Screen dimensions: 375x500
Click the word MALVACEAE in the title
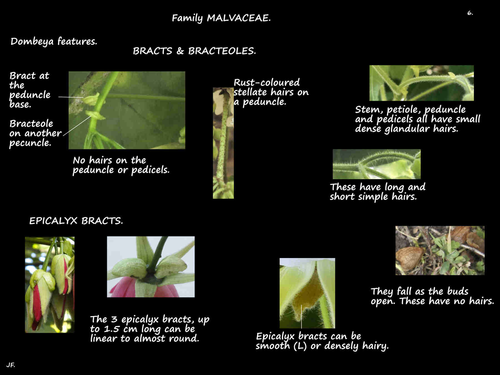pyautogui.click(x=238, y=18)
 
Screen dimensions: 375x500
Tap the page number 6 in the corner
pyautogui.click(x=470, y=13)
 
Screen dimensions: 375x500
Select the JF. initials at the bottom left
pyautogui.click(x=11, y=365)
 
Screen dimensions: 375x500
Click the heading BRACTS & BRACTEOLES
pyautogui.click(x=194, y=51)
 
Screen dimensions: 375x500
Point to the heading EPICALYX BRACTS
pyautogui.click(x=76, y=221)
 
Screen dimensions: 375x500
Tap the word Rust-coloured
pyautogui.click(x=266, y=82)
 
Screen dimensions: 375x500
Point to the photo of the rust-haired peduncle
pyautogui.click(x=223, y=143)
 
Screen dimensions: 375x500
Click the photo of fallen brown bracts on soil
pyautogui.click(x=440, y=250)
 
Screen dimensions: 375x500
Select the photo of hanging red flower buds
pyautogui.click(x=50, y=284)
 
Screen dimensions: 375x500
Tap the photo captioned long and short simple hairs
pyautogui.click(x=376, y=164)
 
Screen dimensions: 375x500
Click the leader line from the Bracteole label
pyautogui.click(x=77, y=126)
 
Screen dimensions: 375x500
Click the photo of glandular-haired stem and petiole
pyautogui.click(x=421, y=83)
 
